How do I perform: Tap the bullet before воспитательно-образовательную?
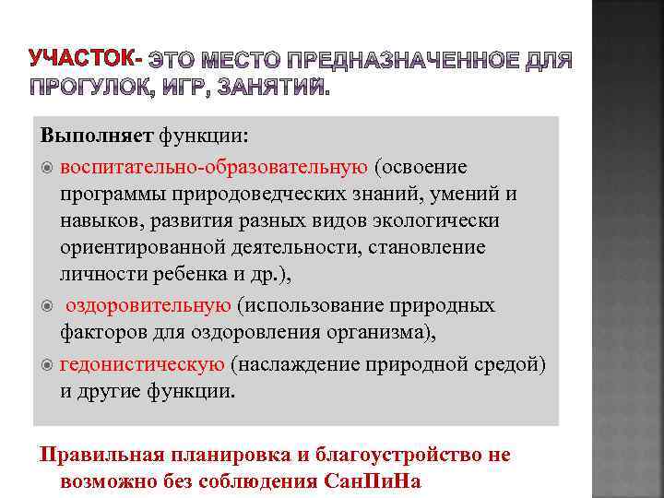coord(47,167)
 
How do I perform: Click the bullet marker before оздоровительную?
coord(47,305)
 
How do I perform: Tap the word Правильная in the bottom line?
coord(97,455)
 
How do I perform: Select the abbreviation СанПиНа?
coord(378,481)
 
